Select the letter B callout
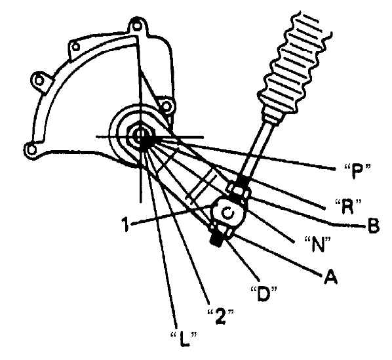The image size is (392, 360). pyautogui.click(x=373, y=226)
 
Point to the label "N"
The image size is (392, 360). pyautogui.click(x=317, y=244)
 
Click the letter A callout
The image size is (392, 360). pyautogui.click(x=330, y=276)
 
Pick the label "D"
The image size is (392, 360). pyautogui.click(x=264, y=294)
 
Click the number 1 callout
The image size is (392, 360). pyautogui.click(x=125, y=224)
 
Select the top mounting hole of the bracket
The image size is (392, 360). pyautogui.click(x=136, y=26)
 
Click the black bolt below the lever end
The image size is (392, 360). pyautogui.click(x=216, y=240)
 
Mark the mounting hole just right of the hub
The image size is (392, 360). pyautogui.click(x=166, y=106)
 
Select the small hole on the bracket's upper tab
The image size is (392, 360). pyautogui.click(x=76, y=47)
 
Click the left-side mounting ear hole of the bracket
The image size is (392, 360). pyautogui.click(x=39, y=81)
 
